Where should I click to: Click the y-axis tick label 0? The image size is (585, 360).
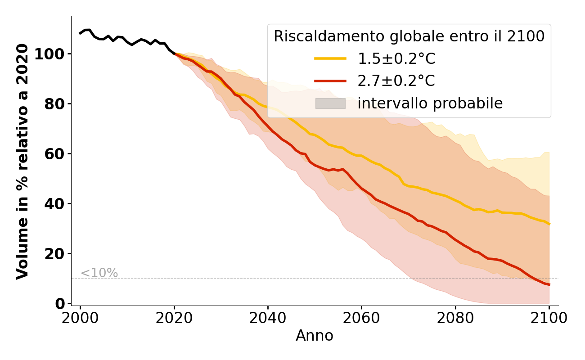pyautogui.click(x=60, y=304)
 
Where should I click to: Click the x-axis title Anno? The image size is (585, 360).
pyautogui.click(x=315, y=336)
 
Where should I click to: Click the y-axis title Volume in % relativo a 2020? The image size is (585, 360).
pyautogui.click(x=22, y=161)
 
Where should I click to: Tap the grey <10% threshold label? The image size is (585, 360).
pyautogui.click(x=99, y=273)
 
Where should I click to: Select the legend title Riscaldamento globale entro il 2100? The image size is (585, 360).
pyautogui.click(x=409, y=36)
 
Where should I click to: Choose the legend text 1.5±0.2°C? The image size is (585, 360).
pyautogui.click(x=396, y=58)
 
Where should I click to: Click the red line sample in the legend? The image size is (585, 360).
pyautogui.click(x=330, y=81)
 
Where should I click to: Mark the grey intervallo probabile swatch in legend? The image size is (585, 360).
pyautogui.click(x=330, y=103)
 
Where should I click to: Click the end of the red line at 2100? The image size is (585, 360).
pyautogui.click(x=549, y=285)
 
